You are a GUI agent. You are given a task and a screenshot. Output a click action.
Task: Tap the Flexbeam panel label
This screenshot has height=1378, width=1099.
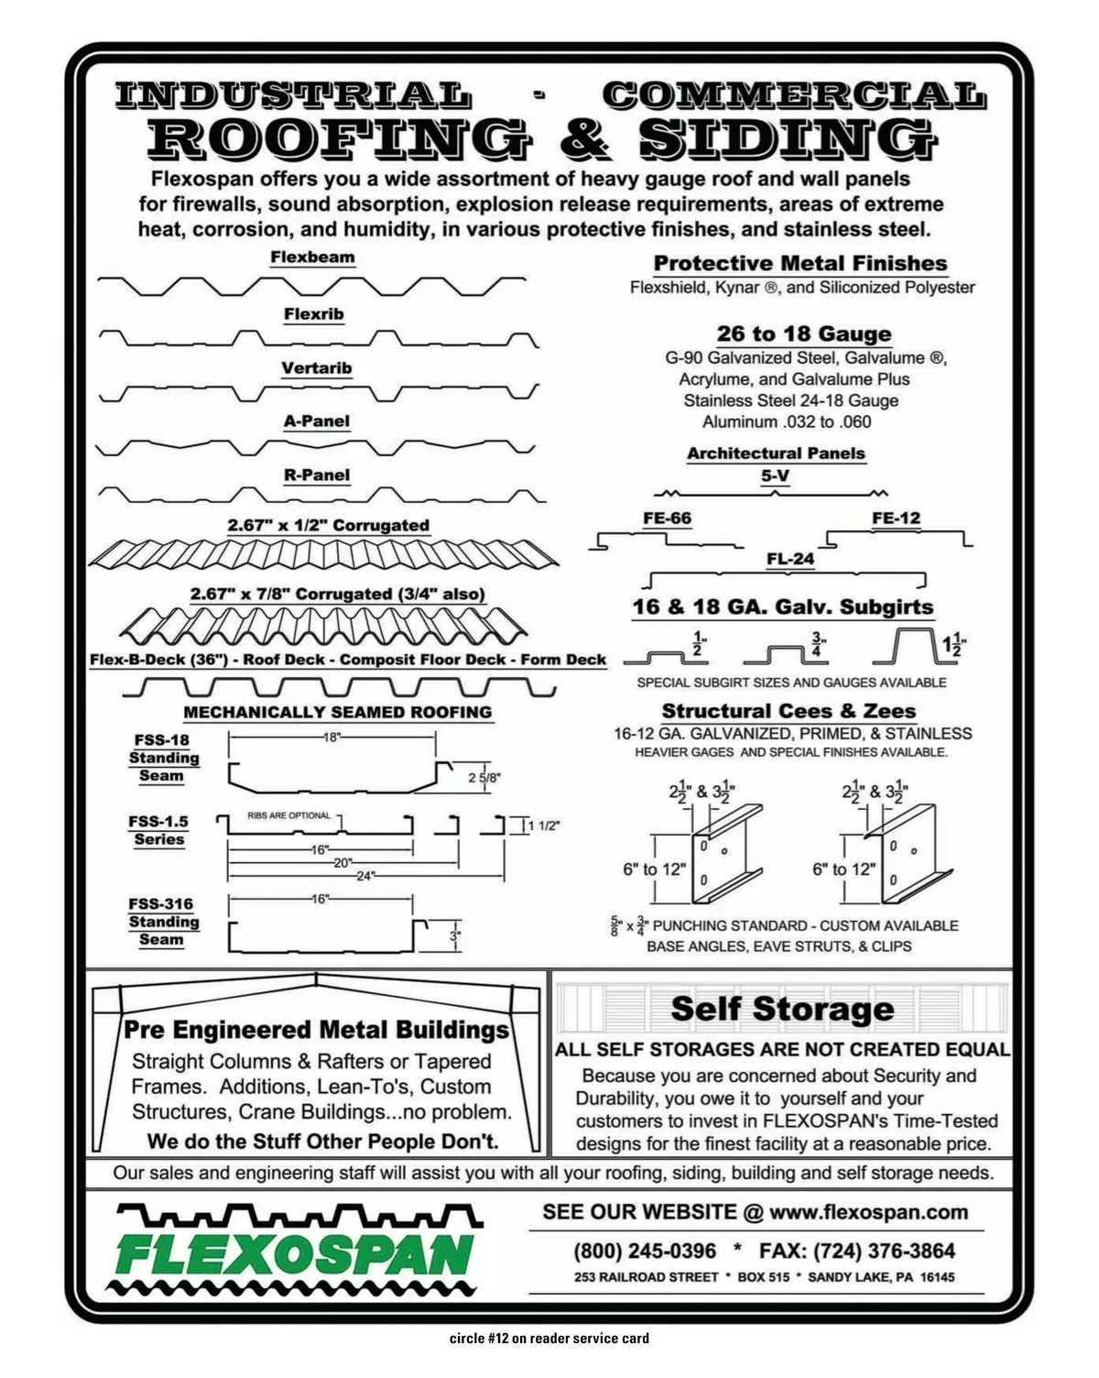coord(312,257)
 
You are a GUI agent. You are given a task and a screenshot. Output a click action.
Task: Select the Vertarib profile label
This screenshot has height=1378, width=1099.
coord(316,368)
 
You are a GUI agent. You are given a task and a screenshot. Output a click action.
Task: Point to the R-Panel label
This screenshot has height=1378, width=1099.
coord(317,475)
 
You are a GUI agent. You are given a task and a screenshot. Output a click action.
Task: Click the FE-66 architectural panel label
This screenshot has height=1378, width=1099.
coord(667,519)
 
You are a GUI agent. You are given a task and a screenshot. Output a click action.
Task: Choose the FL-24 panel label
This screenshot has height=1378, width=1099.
coord(790,559)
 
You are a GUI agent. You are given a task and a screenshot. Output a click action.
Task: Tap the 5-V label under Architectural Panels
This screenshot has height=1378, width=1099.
coord(775,476)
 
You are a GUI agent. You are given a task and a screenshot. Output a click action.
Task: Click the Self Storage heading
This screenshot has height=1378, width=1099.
coord(782,1009)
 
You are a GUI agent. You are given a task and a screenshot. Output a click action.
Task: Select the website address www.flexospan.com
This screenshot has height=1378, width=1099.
coord(868,1212)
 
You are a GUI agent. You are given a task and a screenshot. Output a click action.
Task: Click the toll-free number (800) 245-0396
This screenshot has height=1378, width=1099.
coord(645,1251)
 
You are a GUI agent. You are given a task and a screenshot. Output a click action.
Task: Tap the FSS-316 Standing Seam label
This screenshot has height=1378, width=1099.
coord(162,921)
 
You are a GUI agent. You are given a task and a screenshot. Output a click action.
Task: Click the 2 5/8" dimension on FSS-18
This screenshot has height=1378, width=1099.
coord(484,778)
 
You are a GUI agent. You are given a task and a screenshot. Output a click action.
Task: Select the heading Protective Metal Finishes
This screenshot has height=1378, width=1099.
coord(800,264)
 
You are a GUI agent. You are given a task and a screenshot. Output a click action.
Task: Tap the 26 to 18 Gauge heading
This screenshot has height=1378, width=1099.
coord(803,334)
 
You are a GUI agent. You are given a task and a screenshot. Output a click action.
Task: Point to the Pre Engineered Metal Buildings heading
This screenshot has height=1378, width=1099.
coord(316,1030)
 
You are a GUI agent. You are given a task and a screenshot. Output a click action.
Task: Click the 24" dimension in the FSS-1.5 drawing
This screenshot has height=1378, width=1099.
coord(365,876)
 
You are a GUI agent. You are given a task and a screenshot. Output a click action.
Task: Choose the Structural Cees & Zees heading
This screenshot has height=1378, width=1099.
coord(789,711)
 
